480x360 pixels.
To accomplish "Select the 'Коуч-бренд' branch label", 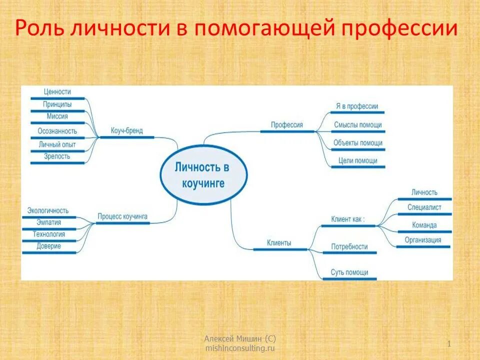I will pos(126,131).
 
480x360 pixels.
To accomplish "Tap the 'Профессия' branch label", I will pos(287,125).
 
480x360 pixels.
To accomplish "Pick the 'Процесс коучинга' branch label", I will pos(122,216).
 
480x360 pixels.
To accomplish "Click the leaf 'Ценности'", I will pos(57,92).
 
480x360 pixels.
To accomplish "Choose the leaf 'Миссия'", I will pos(57,116).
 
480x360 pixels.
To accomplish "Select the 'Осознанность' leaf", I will pos(57,131).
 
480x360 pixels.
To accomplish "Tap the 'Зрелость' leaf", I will pos(57,156).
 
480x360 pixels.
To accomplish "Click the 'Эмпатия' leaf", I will pos(49,222).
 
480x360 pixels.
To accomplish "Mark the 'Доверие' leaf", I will pos(49,246).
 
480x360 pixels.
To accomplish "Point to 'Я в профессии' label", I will pos(357,106).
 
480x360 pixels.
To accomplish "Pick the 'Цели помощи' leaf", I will pos(357,160).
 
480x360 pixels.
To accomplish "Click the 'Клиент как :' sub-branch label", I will pos(348,219).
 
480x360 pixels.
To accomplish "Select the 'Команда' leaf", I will pos(424,225).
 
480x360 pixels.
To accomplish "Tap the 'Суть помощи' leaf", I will pos(349,272).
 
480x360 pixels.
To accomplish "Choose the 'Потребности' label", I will pos(349,246).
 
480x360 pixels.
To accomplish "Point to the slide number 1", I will pos(449,343).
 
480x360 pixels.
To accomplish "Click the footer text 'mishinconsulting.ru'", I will pos(240,347).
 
